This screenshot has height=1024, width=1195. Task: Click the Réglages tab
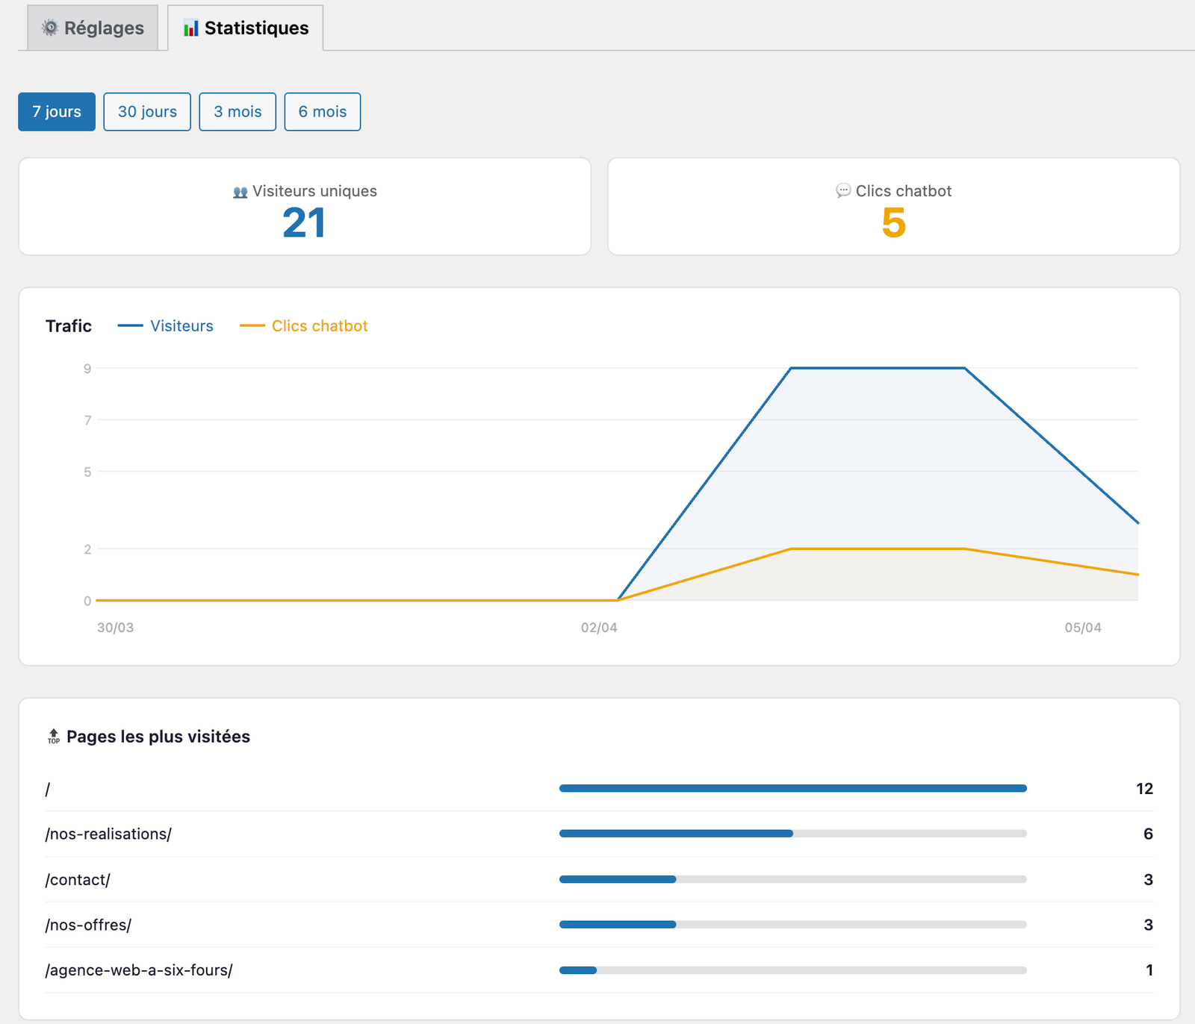(93, 28)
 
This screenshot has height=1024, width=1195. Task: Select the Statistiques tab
(246, 28)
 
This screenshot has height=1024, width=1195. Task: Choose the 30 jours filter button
(147, 112)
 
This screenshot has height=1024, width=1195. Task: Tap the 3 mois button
(238, 112)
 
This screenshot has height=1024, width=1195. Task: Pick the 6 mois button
(323, 112)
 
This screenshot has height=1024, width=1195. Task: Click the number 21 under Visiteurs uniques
(304, 223)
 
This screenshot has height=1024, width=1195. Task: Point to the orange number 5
(893, 223)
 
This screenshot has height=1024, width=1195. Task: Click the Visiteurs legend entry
(181, 326)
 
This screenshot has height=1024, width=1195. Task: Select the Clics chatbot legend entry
(320, 326)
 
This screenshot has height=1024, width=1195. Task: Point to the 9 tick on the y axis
(87, 369)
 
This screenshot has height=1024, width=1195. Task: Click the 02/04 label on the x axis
(599, 628)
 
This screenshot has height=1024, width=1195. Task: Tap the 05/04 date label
(1082, 628)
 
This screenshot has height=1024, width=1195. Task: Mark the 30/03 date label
(116, 628)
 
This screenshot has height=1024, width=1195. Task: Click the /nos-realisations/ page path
(108, 834)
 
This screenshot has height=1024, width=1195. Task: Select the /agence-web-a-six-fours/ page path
(139, 970)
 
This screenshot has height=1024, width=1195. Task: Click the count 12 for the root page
(1144, 789)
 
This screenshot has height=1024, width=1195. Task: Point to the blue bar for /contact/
(618, 879)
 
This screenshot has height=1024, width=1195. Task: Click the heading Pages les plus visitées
(158, 737)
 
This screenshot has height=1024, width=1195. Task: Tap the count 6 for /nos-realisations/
(1148, 834)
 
